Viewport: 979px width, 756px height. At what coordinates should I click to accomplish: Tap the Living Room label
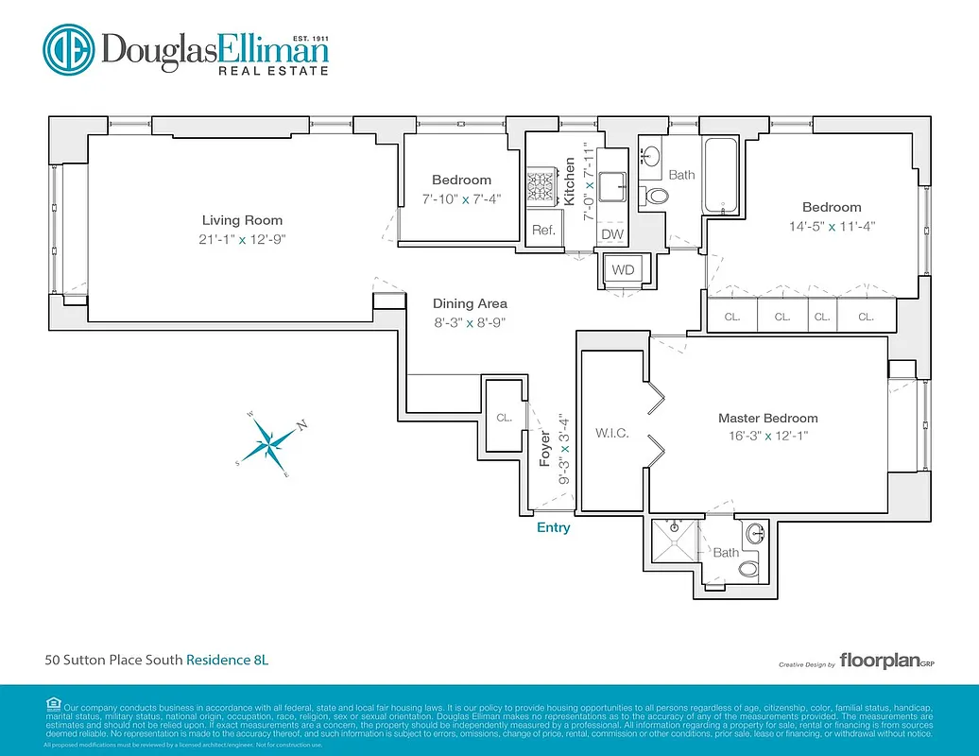[242, 220]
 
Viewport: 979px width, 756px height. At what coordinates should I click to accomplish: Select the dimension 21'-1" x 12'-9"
[242, 240]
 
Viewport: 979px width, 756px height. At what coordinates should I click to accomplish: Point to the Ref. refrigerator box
[542, 230]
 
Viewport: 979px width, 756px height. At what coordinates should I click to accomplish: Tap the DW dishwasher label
[612, 234]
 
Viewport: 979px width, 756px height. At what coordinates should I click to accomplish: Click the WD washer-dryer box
[623, 270]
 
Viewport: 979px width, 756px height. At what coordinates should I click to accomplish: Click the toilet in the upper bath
[656, 197]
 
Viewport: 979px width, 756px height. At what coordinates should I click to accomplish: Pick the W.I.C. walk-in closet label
[612, 434]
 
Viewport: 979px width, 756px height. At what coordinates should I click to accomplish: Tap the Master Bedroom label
[767, 418]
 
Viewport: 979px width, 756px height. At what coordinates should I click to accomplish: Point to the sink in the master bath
[756, 535]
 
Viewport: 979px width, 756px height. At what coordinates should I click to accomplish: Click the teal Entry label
[553, 527]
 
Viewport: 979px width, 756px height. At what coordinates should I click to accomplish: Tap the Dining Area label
[470, 303]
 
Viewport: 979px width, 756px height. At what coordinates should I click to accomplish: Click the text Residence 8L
[227, 660]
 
